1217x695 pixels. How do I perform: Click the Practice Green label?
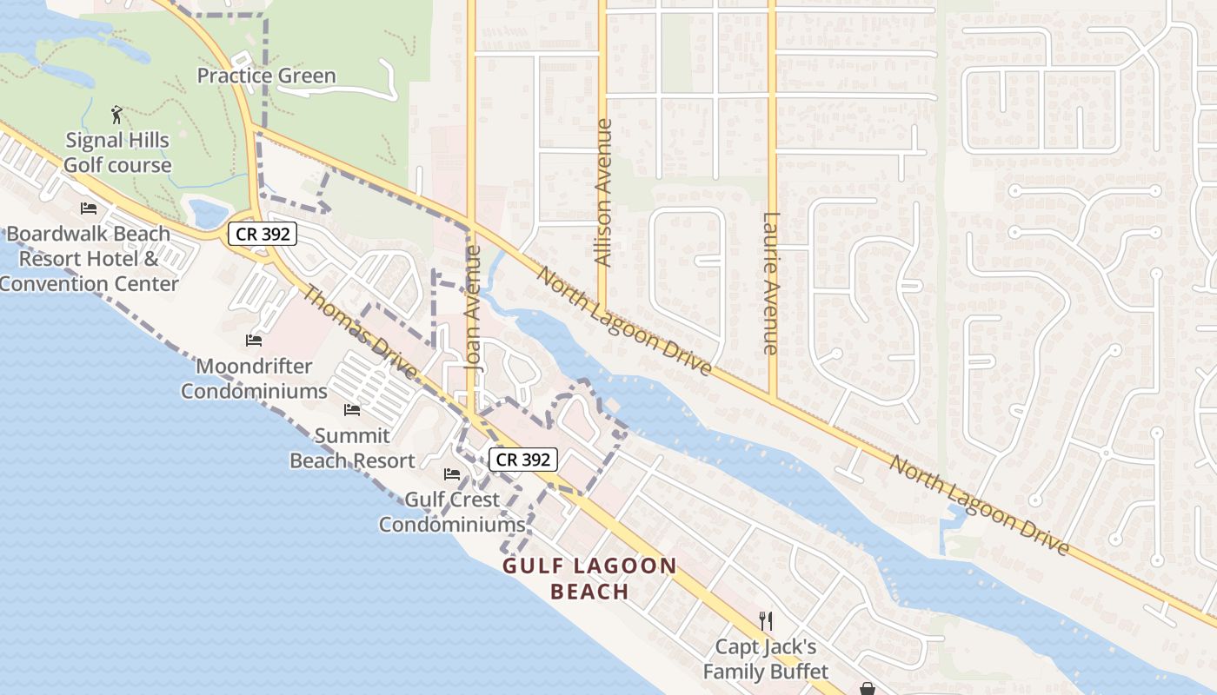pyautogui.click(x=266, y=76)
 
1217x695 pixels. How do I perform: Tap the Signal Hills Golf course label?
pyautogui.click(x=117, y=152)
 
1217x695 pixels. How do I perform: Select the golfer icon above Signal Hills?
pyautogui.click(x=117, y=114)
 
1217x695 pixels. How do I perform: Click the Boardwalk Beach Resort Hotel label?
pyautogui.click(x=89, y=259)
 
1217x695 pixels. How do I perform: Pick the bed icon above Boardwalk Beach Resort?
pyautogui.click(x=89, y=208)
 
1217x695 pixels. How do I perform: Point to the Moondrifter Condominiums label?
pyautogui.click(x=254, y=379)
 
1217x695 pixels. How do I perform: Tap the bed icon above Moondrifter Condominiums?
pyautogui.click(x=254, y=340)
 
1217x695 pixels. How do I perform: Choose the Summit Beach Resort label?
pyautogui.click(x=352, y=448)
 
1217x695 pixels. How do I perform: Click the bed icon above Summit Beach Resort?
pyautogui.click(x=352, y=409)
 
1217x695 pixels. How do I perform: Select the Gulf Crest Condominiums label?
pyautogui.click(x=452, y=513)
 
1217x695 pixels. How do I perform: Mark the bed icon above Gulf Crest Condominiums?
pyautogui.click(x=452, y=473)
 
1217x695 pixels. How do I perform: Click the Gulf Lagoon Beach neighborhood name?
pyautogui.click(x=589, y=579)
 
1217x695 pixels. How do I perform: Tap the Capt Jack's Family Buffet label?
pyautogui.click(x=766, y=659)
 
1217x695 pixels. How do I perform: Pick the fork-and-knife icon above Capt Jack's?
pyautogui.click(x=766, y=620)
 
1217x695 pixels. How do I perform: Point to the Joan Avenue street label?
pyautogui.click(x=473, y=308)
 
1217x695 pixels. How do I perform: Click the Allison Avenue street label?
pyautogui.click(x=602, y=192)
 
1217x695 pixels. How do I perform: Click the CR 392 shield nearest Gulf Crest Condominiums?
pyautogui.click(x=522, y=460)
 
